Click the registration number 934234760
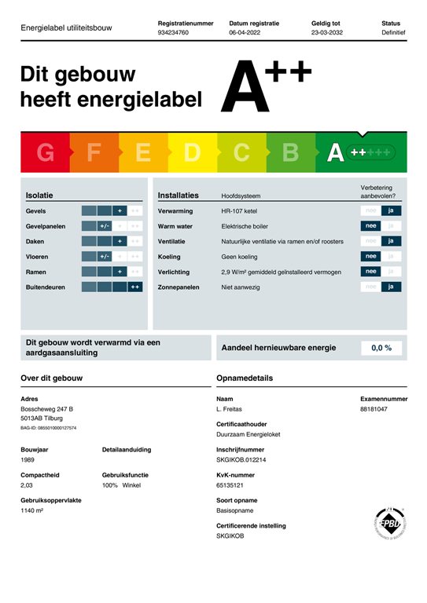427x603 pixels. (x=174, y=34)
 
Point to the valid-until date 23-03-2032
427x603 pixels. (x=326, y=34)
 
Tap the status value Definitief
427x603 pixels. (x=393, y=34)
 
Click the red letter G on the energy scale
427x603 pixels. (x=46, y=153)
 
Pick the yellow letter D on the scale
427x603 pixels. (x=192, y=153)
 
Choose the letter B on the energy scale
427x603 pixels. (x=290, y=153)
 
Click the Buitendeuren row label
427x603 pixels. (x=46, y=287)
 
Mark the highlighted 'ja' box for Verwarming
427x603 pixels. (x=391, y=210)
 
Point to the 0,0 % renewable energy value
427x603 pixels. (x=381, y=348)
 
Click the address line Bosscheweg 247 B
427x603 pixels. (x=47, y=409)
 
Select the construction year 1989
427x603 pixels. (x=28, y=460)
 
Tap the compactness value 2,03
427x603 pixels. (x=28, y=486)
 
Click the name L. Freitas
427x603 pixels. (x=229, y=409)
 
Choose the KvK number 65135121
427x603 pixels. (x=232, y=486)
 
